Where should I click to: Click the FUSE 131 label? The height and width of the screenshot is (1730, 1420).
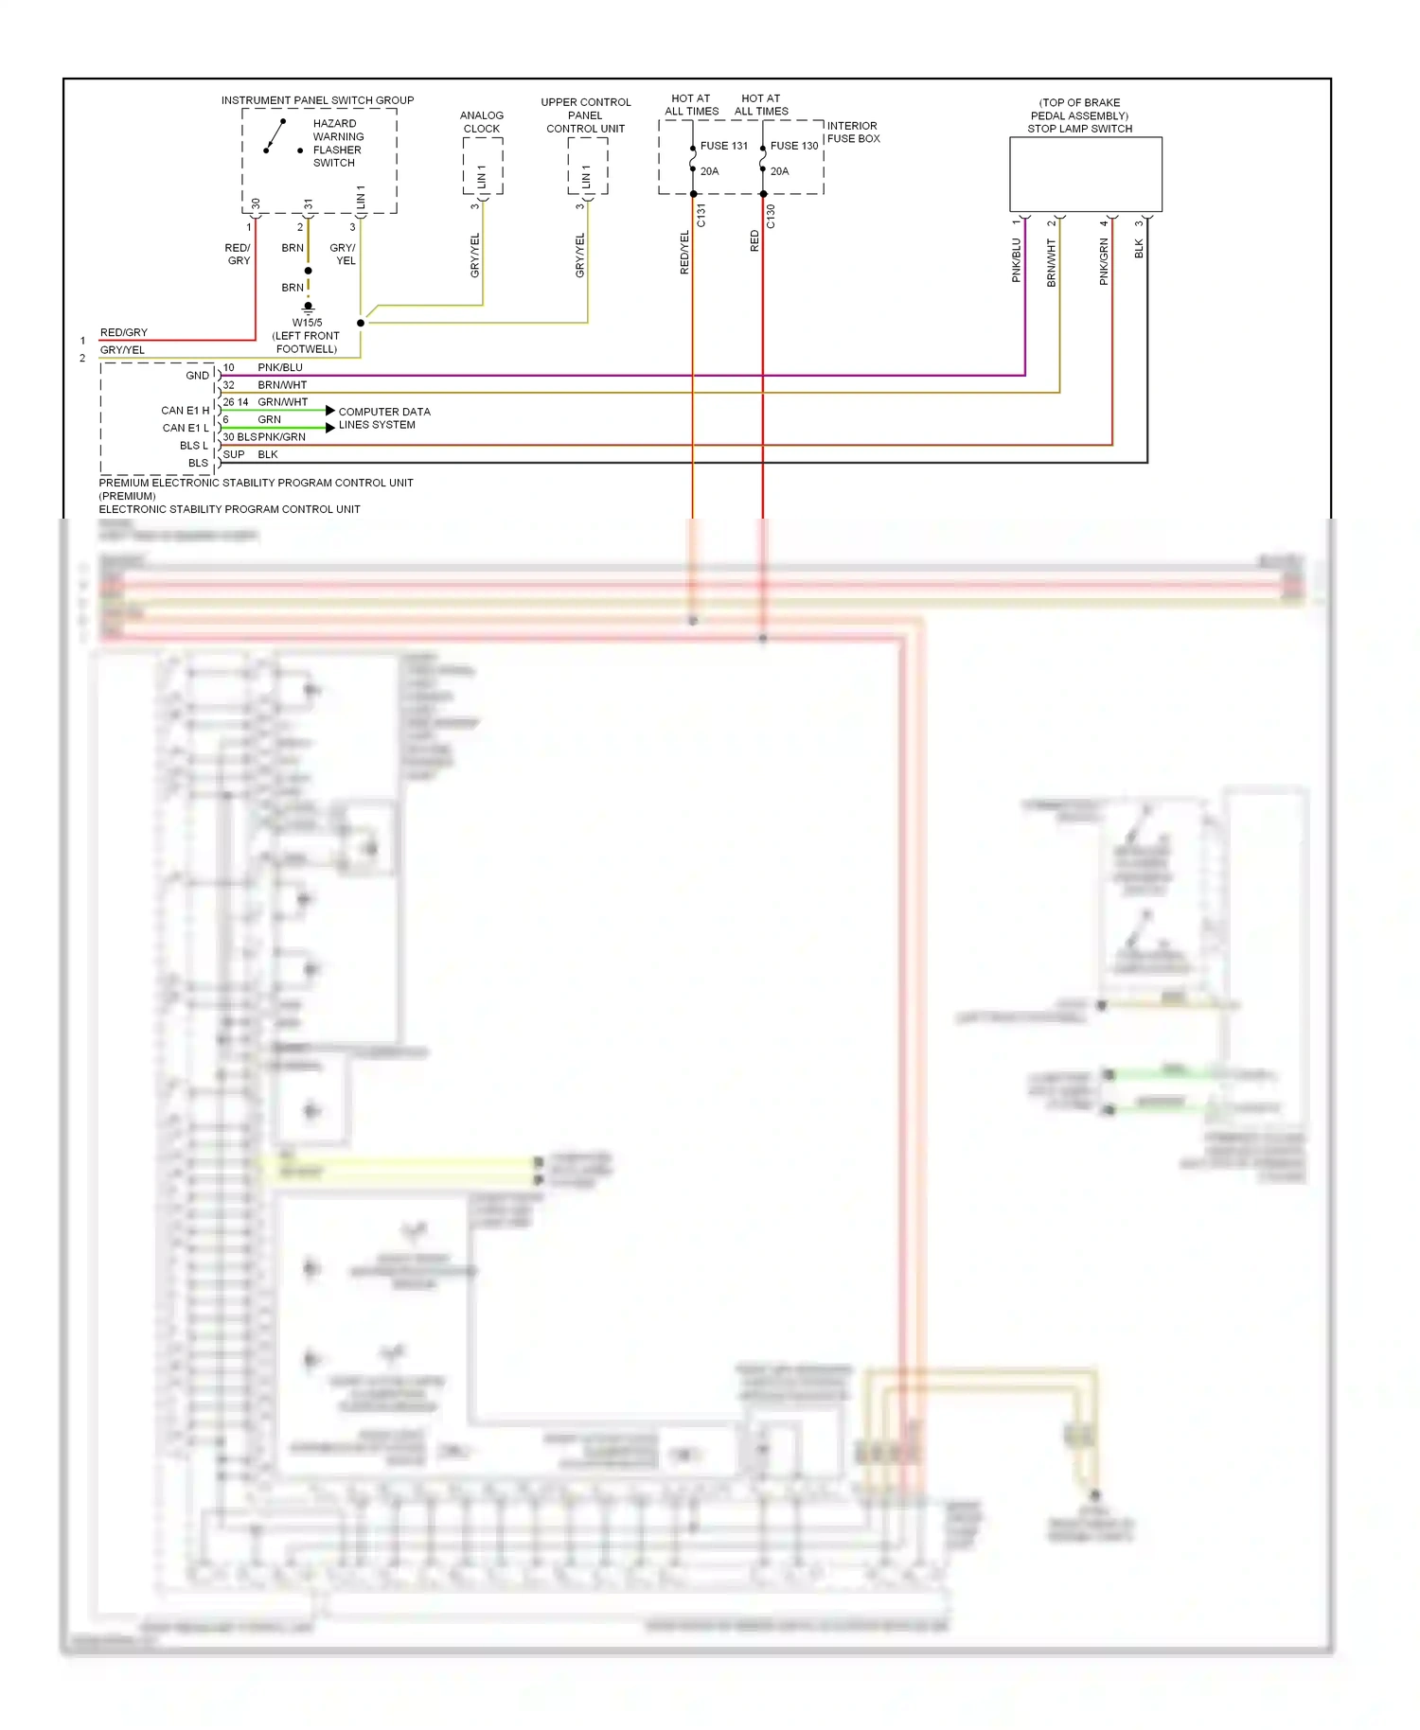click(x=723, y=146)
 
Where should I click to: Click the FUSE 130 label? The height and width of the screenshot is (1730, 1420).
click(x=793, y=146)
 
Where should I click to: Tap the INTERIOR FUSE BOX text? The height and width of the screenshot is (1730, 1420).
click(x=853, y=132)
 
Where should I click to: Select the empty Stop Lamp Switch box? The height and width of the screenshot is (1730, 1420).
click(x=1085, y=174)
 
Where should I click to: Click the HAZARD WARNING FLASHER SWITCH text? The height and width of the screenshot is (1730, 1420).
click(x=337, y=143)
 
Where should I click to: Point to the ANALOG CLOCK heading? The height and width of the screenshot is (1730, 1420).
click(x=482, y=122)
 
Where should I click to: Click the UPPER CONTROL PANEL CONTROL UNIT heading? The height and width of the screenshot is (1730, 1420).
click(x=585, y=115)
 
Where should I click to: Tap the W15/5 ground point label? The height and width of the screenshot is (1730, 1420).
click(x=307, y=323)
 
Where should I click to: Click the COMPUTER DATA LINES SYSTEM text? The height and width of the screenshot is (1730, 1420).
click(x=383, y=418)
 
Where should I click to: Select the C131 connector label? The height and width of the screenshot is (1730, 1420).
click(x=701, y=216)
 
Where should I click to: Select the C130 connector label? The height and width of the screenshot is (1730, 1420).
click(x=771, y=216)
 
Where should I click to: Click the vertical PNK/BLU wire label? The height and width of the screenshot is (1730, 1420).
click(x=1017, y=259)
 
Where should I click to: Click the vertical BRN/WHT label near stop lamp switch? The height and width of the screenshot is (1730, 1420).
click(x=1051, y=262)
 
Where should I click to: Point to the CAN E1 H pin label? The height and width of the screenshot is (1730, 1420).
click(x=185, y=411)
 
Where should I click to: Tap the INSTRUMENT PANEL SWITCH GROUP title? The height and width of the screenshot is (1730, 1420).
click(x=317, y=100)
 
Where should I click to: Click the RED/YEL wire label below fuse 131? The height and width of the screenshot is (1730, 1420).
click(x=684, y=253)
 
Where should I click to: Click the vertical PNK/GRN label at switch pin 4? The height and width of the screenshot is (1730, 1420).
click(x=1104, y=261)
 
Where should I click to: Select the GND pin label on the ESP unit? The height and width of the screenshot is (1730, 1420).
click(x=197, y=376)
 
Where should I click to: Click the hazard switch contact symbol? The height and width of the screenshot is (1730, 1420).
click(x=275, y=136)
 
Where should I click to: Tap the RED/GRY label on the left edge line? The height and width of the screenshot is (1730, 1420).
click(x=124, y=333)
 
